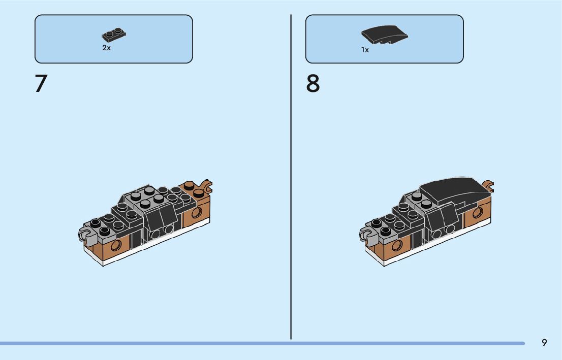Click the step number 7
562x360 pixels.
click(x=41, y=83)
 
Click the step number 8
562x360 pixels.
click(x=313, y=83)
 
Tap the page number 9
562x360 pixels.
click(x=544, y=342)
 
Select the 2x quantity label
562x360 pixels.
click(x=106, y=48)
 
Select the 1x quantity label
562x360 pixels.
click(x=365, y=50)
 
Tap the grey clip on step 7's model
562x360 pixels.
click(x=84, y=233)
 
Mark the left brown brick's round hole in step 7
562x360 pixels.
click(x=117, y=245)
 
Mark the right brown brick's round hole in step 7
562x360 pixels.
click(x=196, y=212)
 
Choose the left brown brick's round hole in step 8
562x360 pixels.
click(x=397, y=245)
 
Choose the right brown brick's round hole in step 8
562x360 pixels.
click(x=478, y=212)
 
